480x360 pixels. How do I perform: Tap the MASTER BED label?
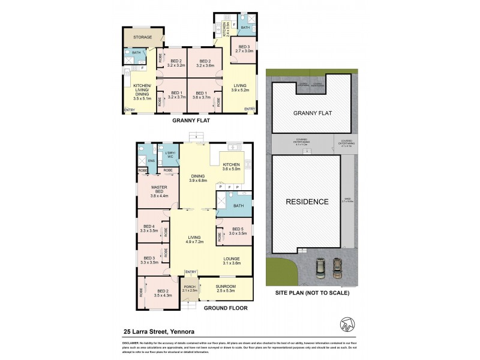coord(155,192)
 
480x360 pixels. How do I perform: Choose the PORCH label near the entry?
coord(190,289)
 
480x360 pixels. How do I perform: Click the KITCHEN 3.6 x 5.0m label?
coord(231,167)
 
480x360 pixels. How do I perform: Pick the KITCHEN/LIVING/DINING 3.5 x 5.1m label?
coord(142,90)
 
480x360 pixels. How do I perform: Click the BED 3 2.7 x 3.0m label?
coord(244,49)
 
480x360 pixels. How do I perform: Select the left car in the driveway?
coord(320,268)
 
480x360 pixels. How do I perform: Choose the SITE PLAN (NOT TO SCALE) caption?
coord(312,293)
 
